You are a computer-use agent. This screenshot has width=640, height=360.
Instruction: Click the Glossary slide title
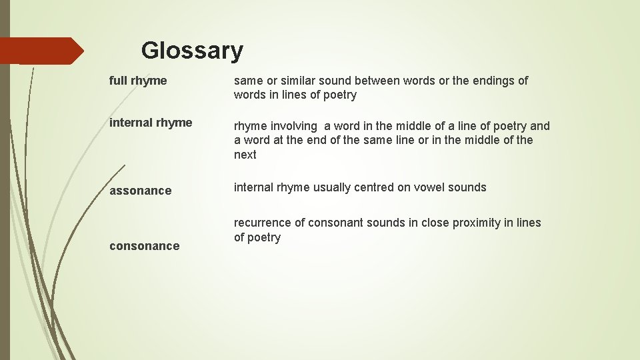(x=192, y=51)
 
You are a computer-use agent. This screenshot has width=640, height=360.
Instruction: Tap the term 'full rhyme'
(x=138, y=81)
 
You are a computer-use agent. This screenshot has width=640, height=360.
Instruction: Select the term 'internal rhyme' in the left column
(x=151, y=123)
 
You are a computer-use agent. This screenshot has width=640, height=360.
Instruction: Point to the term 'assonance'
(x=140, y=191)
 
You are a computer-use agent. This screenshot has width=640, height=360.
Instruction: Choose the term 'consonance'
(x=144, y=246)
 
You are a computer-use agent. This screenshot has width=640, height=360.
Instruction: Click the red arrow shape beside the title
(x=41, y=51)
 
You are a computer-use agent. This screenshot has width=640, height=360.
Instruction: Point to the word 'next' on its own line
(x=245, y=155)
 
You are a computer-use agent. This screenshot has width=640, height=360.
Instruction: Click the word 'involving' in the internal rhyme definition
(x=294, y=126)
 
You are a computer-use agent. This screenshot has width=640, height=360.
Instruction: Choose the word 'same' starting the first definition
(x=248, y=81)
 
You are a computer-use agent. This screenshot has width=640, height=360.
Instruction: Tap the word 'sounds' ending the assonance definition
(x=467, y=187)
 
